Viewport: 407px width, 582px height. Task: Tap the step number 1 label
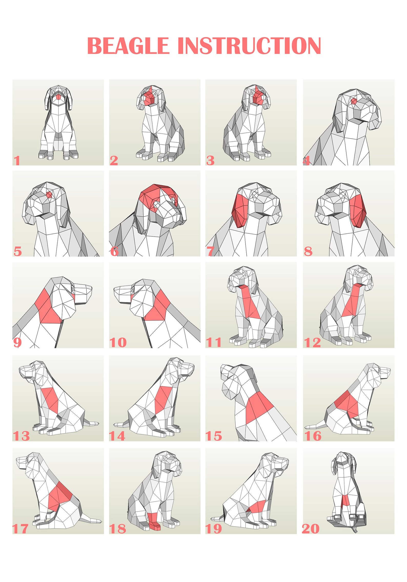17,161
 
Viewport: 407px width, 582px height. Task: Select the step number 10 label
118,342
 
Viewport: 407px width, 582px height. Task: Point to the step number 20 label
311,529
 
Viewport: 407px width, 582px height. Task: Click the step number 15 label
214,436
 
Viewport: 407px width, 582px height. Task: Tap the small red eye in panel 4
354,101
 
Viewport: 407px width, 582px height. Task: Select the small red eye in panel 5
49,195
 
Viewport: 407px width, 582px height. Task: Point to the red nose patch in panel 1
58,97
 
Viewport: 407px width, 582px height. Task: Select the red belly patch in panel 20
346,500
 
